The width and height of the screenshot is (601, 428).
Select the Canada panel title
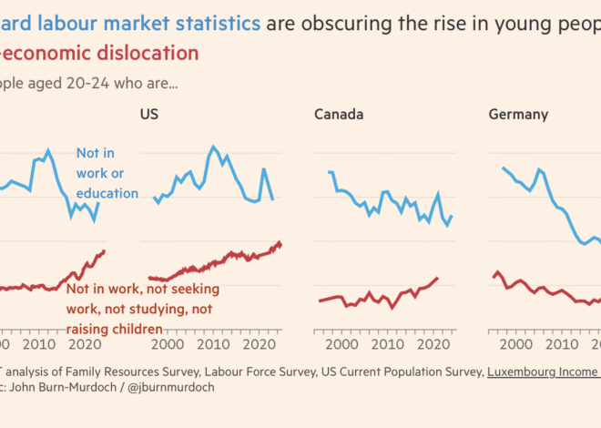339,115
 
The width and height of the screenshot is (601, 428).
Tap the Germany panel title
518,115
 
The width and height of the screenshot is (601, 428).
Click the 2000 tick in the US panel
169,345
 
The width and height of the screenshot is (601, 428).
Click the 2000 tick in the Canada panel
344,345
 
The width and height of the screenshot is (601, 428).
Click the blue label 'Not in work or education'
107,173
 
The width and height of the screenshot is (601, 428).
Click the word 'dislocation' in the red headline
143,53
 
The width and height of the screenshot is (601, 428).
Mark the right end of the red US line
280,245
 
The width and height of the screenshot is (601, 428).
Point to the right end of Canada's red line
438,278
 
